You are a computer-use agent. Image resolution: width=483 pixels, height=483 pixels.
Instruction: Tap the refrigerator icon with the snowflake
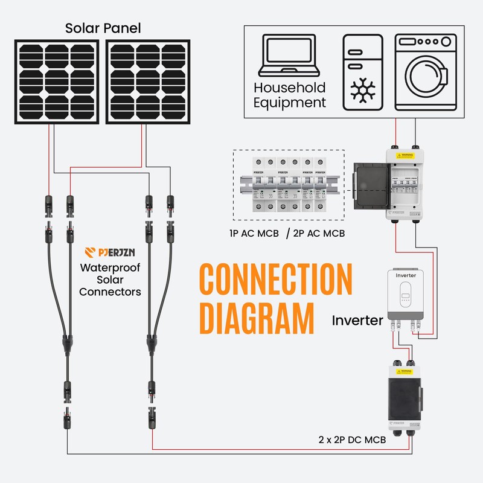362,72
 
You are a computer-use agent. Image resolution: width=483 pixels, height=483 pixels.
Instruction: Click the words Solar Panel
103,28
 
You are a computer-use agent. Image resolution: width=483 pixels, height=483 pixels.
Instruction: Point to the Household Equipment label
289,95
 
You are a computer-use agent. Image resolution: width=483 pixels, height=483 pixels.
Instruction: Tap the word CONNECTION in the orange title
275,279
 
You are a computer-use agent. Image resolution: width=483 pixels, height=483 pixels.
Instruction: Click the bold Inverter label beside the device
357,320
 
